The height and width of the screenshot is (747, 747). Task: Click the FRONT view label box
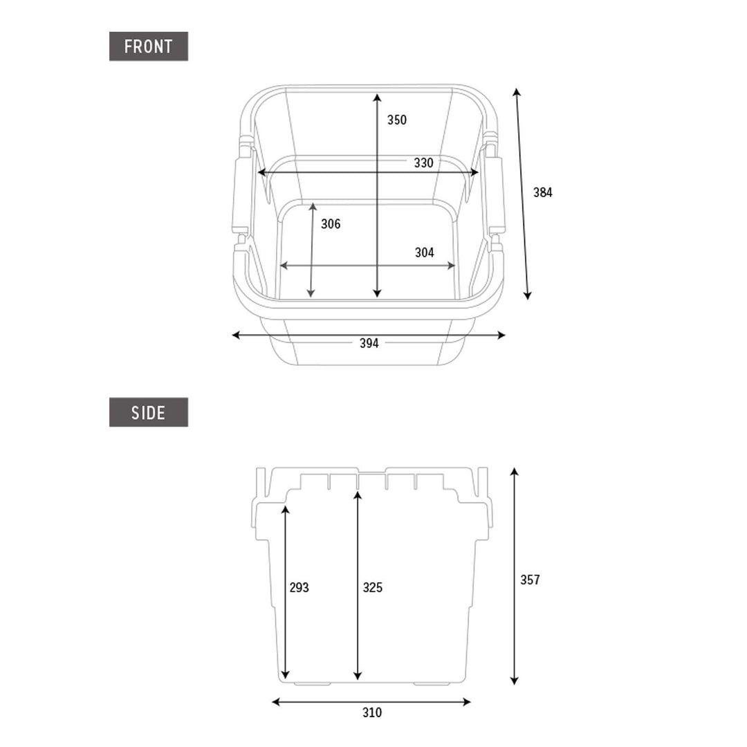coord(149,46)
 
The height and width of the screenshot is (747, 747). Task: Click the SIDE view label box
coord(149,412)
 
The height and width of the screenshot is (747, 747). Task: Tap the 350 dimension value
coord(397,120)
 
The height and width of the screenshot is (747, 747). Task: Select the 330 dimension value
coord(423,163)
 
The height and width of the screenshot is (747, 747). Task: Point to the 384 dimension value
coord(543,192)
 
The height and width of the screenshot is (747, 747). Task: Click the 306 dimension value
coord(331,224)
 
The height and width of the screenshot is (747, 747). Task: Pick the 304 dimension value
coord(425,252)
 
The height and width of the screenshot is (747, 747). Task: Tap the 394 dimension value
coord(369,343)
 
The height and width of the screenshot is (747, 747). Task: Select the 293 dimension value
coord(299,588)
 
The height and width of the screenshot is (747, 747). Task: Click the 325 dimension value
coord(373,588)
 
